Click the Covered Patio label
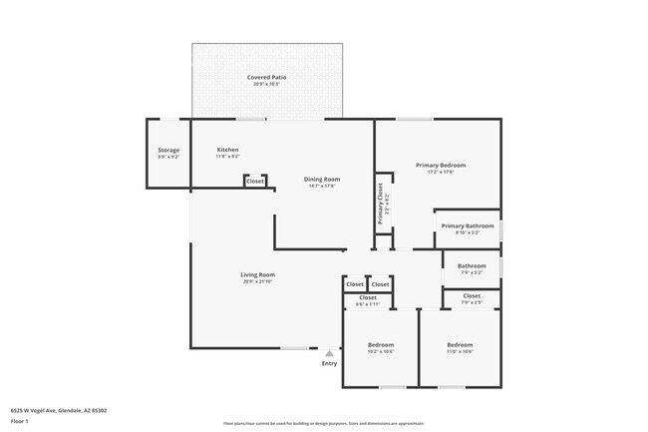(x=266, y=77)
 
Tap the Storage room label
(x=168, y=150)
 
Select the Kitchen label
(x=228, y=150)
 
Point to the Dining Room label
(x=322, y=180)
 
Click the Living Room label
(x=257, y=274)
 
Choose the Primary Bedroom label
(x=440, y=165)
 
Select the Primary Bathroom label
(x=468, y=225)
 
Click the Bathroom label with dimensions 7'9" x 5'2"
(x=472, y=265)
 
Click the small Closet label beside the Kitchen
(x=255, y=182)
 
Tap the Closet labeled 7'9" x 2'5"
(x=472, y=295)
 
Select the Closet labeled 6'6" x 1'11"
(x=368, y=297)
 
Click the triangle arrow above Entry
(x=329, y=352)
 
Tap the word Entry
(x=329, y=363)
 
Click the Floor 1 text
(x=19, y=422)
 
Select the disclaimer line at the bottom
(x=324, y=423)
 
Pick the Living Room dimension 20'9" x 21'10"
(x=257, y=281)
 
